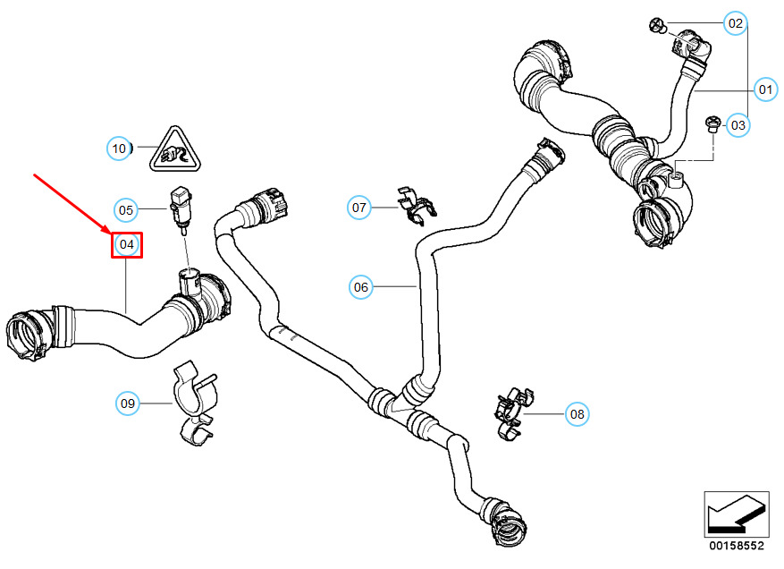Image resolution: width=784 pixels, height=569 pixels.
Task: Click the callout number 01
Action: (x=764, y=89)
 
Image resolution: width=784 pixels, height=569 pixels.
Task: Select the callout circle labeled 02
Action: (x=735, y=23)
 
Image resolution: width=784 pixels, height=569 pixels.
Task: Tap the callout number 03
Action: (x=738, y=125)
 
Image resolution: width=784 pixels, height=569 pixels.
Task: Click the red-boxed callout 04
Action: (x=126, y=243)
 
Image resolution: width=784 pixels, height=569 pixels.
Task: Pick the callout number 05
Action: (x=126, y=210)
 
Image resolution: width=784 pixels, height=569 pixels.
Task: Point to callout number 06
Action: (x=360, y=287)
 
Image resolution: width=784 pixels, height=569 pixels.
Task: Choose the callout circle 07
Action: (x=359, y=208)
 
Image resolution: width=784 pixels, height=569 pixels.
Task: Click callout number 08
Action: (x=577, y=413)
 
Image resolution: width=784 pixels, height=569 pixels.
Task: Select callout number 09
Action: (x=129, y=404)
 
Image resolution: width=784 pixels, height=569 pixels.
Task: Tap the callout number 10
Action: (x=120, y=148)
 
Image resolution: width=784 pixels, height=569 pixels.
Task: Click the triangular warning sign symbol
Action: (x=174, y=150)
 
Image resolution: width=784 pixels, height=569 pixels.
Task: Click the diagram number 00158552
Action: (x=738, y=544)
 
